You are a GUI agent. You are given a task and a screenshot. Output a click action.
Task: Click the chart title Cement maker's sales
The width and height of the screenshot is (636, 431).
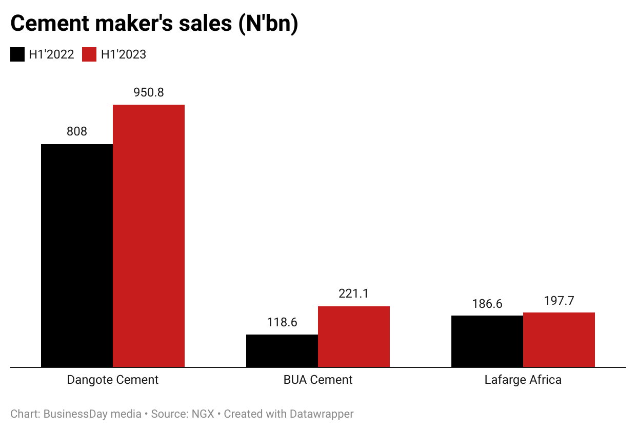coord(154,24)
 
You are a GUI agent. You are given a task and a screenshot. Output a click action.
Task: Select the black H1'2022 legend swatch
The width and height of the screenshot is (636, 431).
coord(17,54)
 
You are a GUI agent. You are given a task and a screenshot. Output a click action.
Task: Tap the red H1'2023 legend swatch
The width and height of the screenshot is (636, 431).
coord(89,54)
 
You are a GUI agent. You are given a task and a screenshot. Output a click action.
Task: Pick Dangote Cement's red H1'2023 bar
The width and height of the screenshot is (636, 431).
coord(149,236)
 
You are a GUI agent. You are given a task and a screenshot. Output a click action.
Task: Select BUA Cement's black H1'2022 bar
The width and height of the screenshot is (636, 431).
coord(282,351)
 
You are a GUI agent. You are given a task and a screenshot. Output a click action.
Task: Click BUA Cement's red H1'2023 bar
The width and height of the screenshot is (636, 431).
coord(354,337)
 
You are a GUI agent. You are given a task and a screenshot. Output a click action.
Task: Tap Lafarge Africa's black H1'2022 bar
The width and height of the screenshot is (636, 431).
coord(487,341)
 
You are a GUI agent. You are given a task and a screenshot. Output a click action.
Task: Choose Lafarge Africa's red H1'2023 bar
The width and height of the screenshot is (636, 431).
coord(559,340)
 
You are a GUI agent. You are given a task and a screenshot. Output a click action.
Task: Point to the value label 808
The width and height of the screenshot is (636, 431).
coord(77,131)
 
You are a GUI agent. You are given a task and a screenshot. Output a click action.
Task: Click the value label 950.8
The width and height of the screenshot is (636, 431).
coord(149,92)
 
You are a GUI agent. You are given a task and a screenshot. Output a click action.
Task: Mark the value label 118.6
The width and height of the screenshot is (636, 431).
coord(282,322)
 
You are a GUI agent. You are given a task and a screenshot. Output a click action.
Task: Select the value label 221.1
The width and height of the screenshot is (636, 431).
coord(354,293)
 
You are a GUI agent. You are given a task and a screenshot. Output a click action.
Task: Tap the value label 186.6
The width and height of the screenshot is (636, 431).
coord(487,303)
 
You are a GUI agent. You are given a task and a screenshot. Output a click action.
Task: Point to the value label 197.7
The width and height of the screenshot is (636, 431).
coord(559,301)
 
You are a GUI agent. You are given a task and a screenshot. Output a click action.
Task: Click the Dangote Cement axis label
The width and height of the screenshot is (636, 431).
coord(113,380)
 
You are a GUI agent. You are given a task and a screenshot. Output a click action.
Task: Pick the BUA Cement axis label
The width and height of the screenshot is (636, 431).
coord(318,380)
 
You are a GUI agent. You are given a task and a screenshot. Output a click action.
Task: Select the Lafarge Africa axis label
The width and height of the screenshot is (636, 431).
coord(523,380)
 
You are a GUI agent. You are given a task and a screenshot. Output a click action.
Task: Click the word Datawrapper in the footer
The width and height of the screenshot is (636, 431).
coord(323,414)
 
